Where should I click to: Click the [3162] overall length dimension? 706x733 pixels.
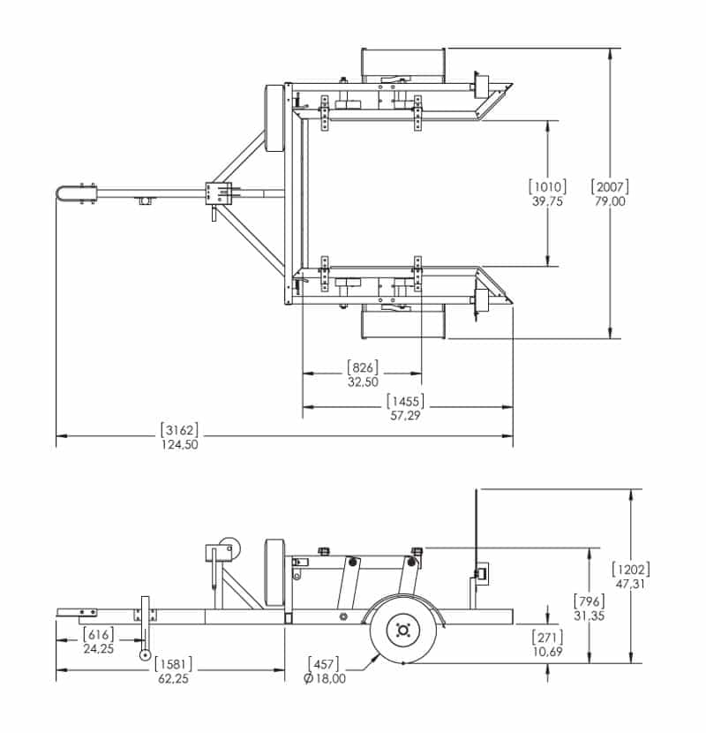tap(179, 429)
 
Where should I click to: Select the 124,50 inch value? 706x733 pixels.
tap(180, 444)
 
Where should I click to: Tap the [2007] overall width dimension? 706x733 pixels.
tap(610, 187)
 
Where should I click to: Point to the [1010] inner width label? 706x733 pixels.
tap(548, 187)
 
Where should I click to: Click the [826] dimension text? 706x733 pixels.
tap(363, 367)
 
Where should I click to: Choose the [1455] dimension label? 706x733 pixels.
tap(406, 401)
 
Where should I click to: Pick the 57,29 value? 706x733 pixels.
tap(406, 416)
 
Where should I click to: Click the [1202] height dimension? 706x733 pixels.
tap(631, 570)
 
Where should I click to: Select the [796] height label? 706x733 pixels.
tap(590, 601)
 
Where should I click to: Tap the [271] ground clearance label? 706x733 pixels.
tap(548, 637)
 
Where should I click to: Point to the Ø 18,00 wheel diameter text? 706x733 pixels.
tap(325, 679)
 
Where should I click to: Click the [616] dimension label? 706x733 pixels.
tap(98, 634)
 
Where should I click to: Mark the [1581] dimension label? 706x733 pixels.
tap(173, 664)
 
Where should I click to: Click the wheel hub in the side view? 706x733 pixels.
tap(402, 631)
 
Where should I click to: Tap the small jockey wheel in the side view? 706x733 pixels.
tap(146, 655)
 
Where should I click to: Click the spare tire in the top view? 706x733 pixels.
tap(274, 118)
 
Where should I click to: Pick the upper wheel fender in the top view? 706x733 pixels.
tap(402, 65)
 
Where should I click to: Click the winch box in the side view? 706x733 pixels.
tap(219, 553)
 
